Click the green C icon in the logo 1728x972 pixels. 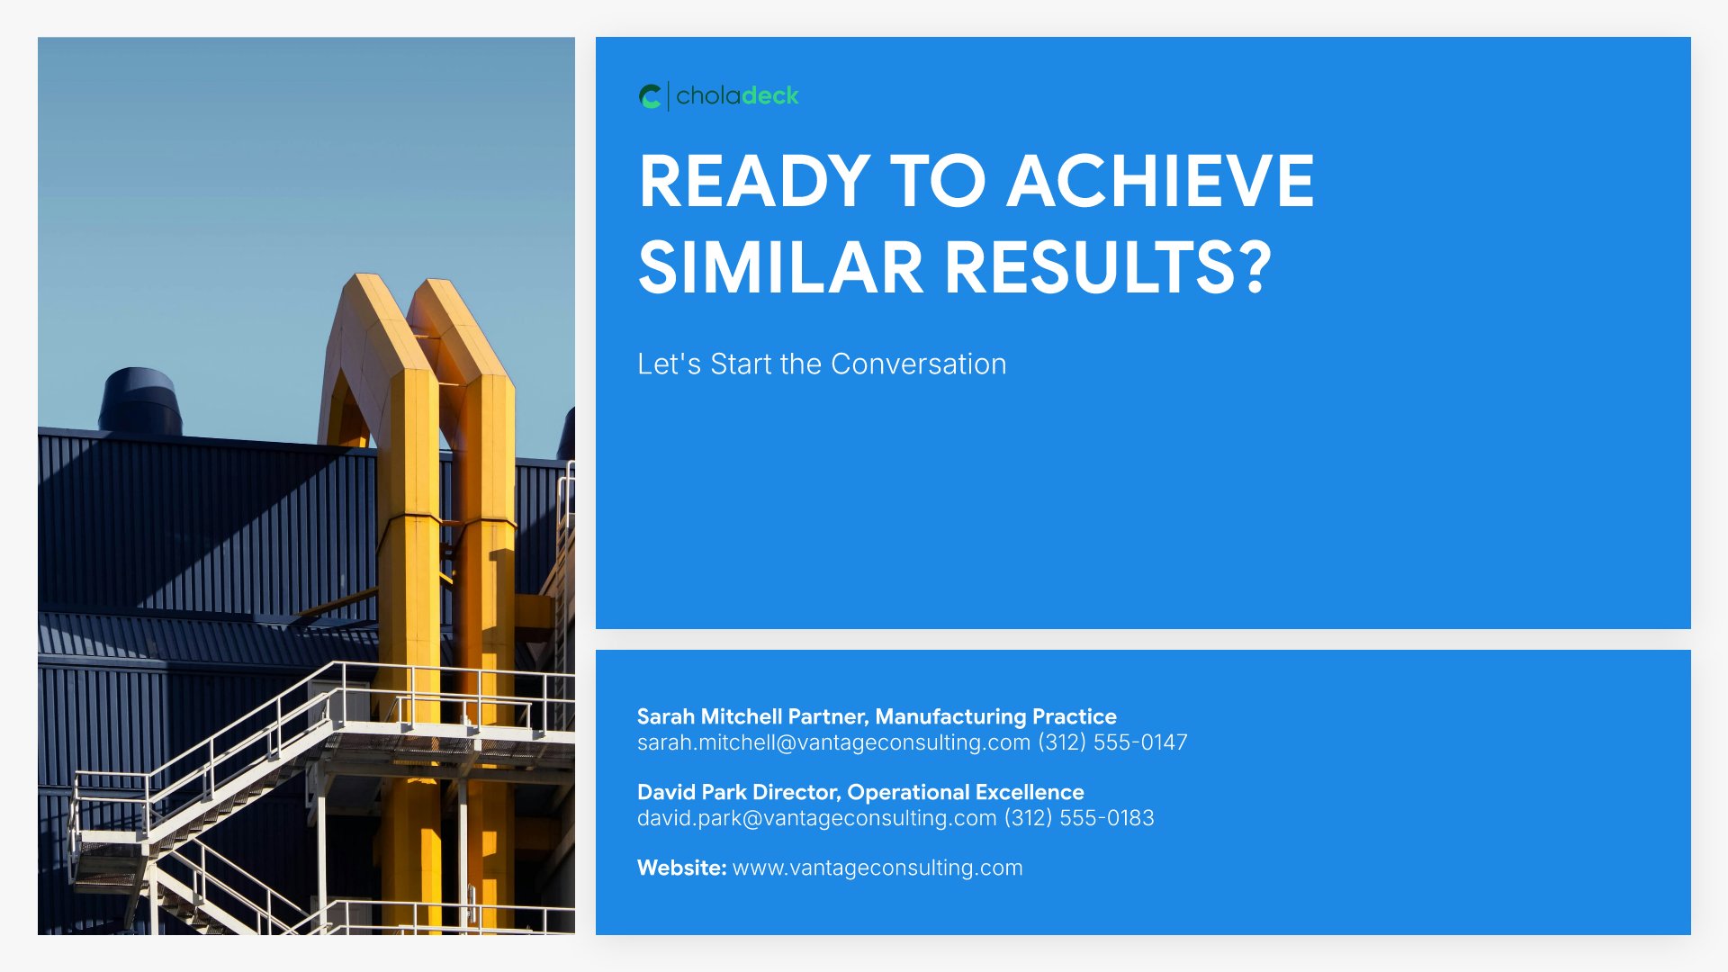click(650, 96)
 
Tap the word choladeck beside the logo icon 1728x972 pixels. click(737, 96)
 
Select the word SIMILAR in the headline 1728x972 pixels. click(780, 267)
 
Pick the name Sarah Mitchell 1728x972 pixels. click(709, 716)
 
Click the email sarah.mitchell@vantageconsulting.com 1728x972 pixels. click(833, 742)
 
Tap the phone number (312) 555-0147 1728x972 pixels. click(1112, 742)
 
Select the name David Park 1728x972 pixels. click(692, 792)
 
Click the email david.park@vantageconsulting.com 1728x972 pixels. click(816, 818)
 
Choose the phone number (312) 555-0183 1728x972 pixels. click(1079, 818)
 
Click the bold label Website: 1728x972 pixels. click(681, 868)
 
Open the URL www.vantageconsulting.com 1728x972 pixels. click(877, 868)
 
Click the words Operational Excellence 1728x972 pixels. click(966, 792)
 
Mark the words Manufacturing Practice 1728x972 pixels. click(995, 716)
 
